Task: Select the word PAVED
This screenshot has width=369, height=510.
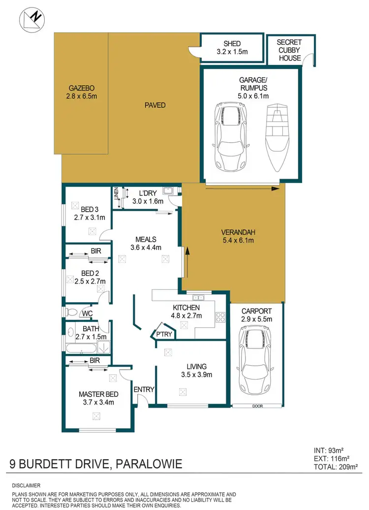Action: (x=155, y=105)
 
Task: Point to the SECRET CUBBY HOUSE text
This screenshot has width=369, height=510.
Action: (x=289, y=49)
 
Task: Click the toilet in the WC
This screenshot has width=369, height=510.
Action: (x=72, y=312)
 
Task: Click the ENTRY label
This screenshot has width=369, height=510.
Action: (x=145, y=389)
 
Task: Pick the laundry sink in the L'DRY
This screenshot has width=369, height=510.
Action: (x=167, y=191)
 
